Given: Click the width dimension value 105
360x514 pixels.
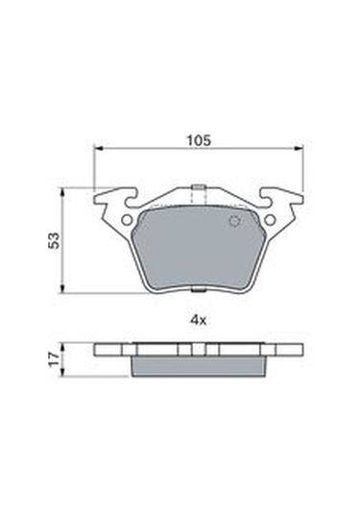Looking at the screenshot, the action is click(x=199, y=140).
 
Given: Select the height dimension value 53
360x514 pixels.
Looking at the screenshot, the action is click(x=55, y=240).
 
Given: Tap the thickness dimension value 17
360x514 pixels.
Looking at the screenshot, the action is click(x=55, y=359).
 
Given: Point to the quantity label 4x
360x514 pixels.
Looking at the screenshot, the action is click(x=199, y=320).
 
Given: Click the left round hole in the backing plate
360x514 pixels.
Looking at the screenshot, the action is click(x=127, y=220).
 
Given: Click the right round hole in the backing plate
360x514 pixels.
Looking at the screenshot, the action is click(x=270, y=220).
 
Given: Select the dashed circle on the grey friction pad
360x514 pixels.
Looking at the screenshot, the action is click(x=234, y=221).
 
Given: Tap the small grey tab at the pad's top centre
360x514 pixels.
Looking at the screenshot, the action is click(x=198, y=187).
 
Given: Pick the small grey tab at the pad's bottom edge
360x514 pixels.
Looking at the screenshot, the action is click(x=198, y=289).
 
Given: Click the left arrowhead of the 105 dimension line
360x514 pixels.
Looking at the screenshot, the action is click(x=99, y=149).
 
